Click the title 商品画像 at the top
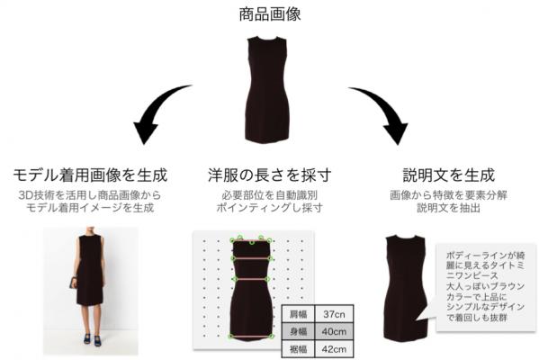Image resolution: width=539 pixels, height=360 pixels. point(270,14)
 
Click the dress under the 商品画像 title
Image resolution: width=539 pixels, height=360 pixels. point(267,89)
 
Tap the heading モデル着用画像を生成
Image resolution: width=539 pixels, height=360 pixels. point(90,175)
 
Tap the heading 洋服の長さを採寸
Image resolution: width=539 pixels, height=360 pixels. point(270,175)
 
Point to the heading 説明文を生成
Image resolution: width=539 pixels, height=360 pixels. point(449,175)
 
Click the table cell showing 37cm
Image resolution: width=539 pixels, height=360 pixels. point(334,314)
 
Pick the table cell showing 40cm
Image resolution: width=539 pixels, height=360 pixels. point(334,331)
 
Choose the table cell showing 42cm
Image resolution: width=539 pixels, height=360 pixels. point(334,349)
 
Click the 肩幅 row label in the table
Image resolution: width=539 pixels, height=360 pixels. point(299,314)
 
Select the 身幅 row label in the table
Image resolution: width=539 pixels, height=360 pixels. point(299,331)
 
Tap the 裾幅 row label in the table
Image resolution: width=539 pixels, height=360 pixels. point(299,349)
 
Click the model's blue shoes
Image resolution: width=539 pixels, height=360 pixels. point(92,339)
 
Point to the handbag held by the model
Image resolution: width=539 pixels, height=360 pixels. point(73,283)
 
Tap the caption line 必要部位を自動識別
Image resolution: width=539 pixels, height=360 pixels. point(270,195)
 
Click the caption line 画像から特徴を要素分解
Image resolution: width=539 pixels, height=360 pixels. point(449,195)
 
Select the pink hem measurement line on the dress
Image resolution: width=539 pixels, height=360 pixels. point(251,337)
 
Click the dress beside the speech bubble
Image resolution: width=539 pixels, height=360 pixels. point(405,288)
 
